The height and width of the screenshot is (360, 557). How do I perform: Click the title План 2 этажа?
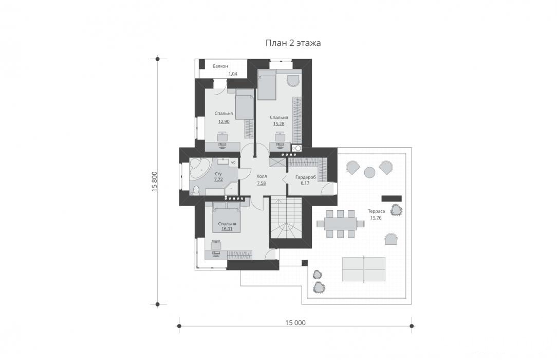click(x=293, y=43)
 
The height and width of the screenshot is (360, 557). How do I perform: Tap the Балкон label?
click(x=220, y=66)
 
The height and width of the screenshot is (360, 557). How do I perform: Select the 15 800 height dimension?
click(x=154, y=182)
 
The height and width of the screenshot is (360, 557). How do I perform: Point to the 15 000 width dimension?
click(x=295, y=322)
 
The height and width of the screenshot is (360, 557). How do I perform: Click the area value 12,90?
click(x=224, y=121)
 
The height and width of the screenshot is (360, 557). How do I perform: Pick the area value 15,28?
click(x=278, y=123)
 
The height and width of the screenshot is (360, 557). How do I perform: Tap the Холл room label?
click(x=262, y=176)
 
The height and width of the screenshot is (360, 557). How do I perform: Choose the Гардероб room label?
click(x=306, y=177)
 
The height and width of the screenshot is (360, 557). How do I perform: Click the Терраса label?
click(x=376, y=211)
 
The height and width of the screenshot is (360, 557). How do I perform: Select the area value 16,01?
click(x=227, y=229)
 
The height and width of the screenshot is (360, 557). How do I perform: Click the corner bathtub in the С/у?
click(x=200, y=170)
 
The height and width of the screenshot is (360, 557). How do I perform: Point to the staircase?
click(x=286, y=218)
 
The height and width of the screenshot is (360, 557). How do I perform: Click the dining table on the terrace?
click(x=340, y=224)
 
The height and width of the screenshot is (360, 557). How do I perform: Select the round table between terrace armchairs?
click(x=370, y=172)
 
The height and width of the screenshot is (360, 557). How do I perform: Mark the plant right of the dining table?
click(x=397, y=210)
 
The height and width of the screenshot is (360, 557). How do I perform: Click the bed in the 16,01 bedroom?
click(x=227, y=217)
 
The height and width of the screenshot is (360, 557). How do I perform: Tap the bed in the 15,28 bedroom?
click(x=267, y=84)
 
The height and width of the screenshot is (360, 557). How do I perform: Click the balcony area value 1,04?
click(x=233, y=74)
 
